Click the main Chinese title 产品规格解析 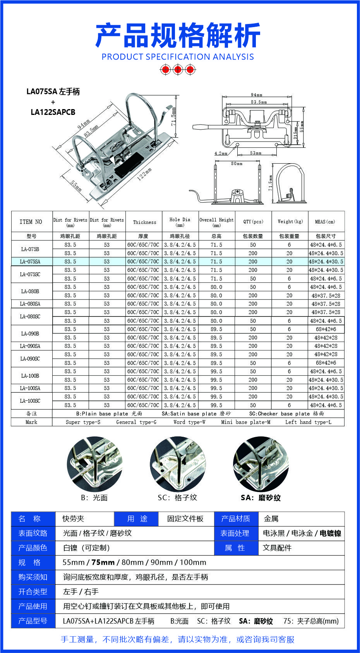click(x=178, y=35)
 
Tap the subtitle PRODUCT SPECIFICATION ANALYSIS click(x=178, y=57)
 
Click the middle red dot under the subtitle click(x=178, y=70)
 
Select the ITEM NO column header click(x=31, y=222)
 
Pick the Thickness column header click(x=145, y=222)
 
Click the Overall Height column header click(x=216, y=222)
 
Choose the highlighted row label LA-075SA click(x=31, y=262)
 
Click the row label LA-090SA click(x=31, y=346)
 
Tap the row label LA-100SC click(x=31, y=401)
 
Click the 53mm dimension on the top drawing click(x=255, y=153)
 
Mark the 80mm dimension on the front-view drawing click(x=237, y=164)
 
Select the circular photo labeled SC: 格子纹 click(x=178, y=464)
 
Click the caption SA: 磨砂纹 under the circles click(x=261, y=497)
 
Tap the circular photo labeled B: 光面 click(x=95, y=464)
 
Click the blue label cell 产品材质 click(x=236, y=519)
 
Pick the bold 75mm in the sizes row click(x=103, y=562)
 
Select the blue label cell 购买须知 click(x=33, y=577)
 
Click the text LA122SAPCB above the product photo click(x=53, y=112)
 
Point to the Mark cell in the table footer click(x=31, y=422)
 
